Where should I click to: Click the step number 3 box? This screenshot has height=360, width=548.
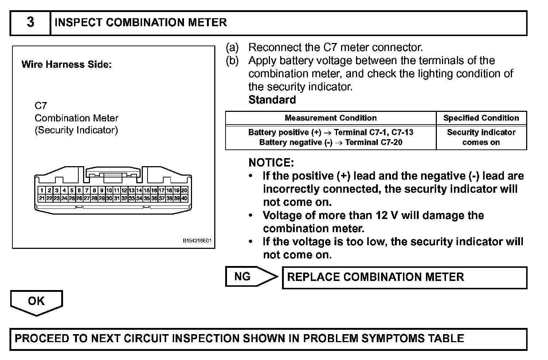30,23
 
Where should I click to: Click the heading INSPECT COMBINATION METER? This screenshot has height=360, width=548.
140,23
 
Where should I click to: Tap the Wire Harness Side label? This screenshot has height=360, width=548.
66,65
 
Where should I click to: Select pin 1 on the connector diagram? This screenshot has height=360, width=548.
42,190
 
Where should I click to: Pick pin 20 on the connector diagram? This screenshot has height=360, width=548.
184,190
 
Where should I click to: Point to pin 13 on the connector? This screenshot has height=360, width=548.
132,190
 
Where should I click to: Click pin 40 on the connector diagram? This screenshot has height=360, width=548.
184,198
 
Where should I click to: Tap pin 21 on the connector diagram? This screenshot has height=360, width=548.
42,198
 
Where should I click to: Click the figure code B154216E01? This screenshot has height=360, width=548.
197,241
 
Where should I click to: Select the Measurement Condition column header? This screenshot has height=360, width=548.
330,118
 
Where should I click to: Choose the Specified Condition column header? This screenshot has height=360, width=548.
481,118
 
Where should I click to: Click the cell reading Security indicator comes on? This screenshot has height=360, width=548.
481,137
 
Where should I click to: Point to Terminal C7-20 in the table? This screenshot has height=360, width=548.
373,142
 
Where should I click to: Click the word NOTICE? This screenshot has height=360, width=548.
271,163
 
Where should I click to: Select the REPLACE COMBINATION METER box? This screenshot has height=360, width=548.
404,277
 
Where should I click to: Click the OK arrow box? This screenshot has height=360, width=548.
36,302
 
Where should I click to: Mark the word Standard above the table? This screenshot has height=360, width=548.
272,100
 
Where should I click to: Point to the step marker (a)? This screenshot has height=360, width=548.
232,48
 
